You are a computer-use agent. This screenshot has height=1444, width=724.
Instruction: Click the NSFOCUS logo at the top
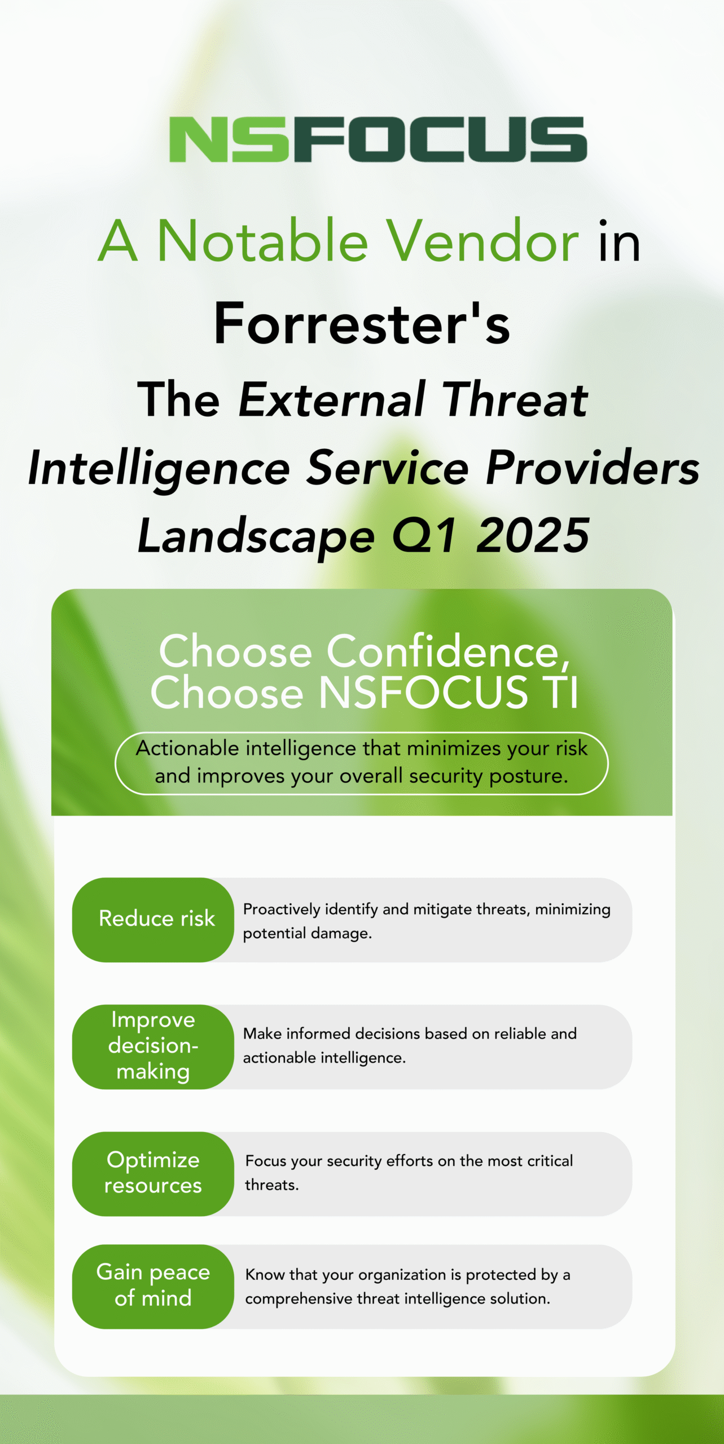click(378, 139)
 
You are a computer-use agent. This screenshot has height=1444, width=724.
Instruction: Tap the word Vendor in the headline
click(482, 241)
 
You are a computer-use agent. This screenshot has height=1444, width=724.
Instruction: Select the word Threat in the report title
click(515, 399)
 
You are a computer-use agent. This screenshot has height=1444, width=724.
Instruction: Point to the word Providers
click(593, 468)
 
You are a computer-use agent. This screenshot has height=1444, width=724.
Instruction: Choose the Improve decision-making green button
click(153, 1046)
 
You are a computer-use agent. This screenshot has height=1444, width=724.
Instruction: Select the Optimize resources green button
click(153, 1174)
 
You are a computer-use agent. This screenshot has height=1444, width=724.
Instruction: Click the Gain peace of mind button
click(153, 1287)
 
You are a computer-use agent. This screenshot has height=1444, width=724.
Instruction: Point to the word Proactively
click(282, 910)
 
